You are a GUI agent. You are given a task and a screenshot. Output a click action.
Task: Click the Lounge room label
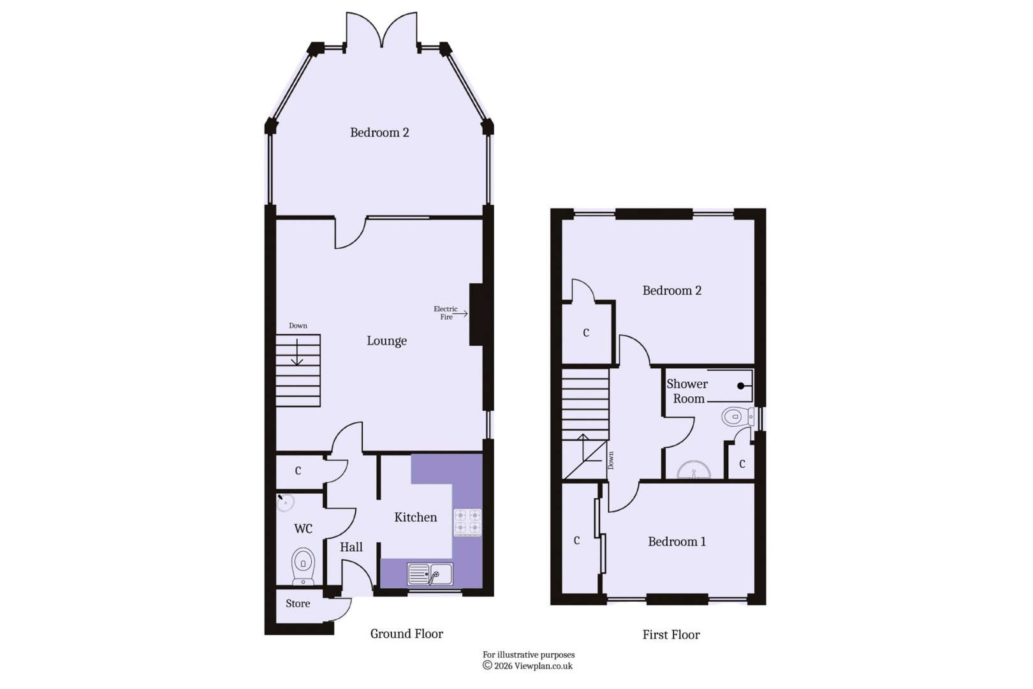(386, 341)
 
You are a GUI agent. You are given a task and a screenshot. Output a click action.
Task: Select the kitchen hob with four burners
(467, 522)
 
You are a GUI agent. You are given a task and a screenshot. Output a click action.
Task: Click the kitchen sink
(430, 574)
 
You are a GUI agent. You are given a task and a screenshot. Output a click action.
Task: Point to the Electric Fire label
(446, 313)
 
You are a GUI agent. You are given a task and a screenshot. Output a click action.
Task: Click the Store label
(298, 604)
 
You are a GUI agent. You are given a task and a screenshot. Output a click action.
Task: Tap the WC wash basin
(286, 502)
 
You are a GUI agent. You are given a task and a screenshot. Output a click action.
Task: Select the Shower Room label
(687, 391)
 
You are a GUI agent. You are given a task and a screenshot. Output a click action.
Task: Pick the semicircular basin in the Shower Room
(694, 471)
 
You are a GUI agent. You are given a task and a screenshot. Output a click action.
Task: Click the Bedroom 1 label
(677, 542)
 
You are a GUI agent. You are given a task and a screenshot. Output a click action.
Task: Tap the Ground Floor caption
(407, 633)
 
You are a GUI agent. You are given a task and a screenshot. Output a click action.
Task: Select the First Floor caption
(671, 635)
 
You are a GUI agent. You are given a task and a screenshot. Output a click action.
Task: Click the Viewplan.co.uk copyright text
(528, 665)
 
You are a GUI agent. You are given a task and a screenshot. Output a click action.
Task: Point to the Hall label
(351, 547)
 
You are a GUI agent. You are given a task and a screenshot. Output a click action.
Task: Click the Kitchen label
(416, 517)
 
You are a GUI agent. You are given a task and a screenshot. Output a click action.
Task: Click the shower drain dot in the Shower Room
(741, 385)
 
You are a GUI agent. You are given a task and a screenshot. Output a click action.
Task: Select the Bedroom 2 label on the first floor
(672, 291)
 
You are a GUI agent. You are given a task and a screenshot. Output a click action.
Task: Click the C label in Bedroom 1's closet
(576, 541)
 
